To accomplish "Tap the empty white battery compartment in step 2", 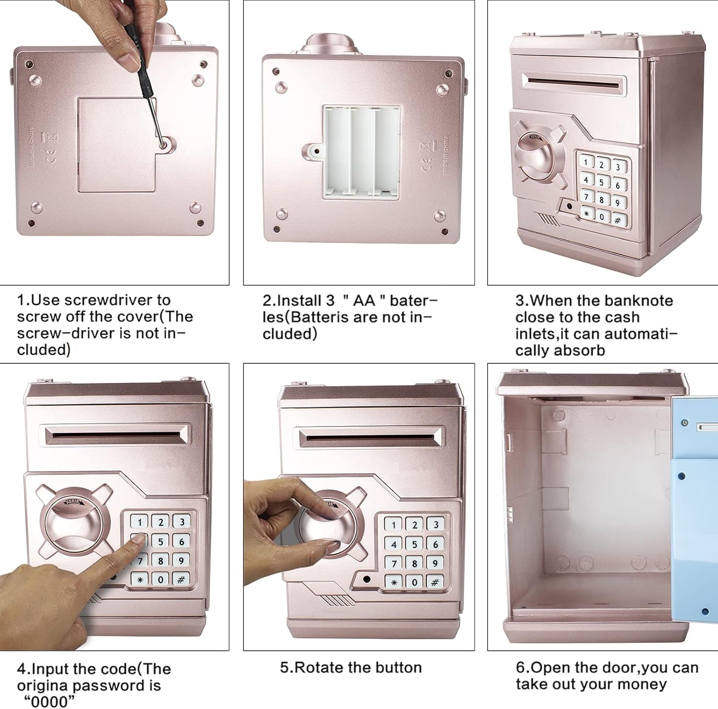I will pos(361,152).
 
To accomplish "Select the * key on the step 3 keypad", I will pos(586,214).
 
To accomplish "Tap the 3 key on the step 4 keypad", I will pos(181,522).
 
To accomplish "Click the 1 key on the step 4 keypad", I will pos(139,522).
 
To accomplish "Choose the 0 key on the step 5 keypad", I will pos(415,583).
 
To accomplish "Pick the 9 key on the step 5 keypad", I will pos(435,563).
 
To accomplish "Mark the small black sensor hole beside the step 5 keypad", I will pos(367,579).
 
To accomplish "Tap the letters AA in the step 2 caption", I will pos(364,301).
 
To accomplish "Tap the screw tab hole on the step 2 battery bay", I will pos(316,152).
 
